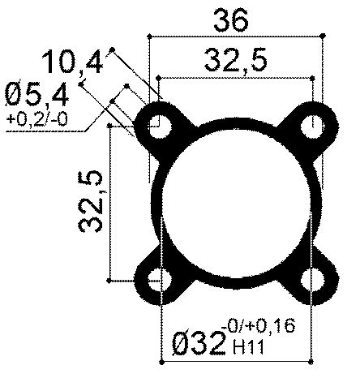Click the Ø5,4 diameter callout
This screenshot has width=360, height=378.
point(36,96)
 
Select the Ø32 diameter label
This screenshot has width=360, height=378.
point(198,345)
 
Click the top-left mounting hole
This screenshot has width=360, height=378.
point(162,127)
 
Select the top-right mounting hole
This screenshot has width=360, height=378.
point(311,126)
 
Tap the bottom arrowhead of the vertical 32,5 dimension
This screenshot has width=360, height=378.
point(111,281)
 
